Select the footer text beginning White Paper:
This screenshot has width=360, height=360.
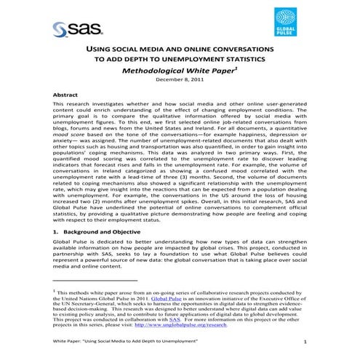[120, 342]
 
